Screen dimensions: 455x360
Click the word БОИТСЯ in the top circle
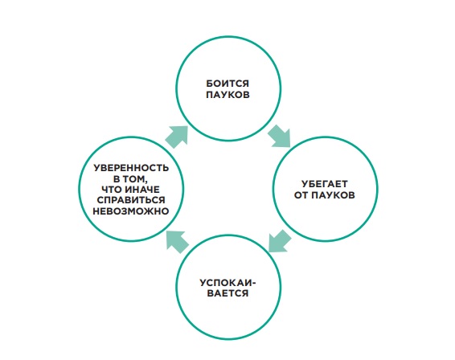click(227, 84)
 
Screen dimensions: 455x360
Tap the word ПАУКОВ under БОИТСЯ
click(227, 95)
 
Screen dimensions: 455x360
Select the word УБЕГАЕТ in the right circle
click(325, 184)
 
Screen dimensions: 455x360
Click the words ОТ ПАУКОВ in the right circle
click(325, 195)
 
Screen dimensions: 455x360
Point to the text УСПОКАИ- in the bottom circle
click(228, 283)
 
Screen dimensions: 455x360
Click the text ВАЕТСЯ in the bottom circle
click(227, 293)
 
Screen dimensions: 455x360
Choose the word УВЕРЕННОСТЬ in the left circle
click(131, 168)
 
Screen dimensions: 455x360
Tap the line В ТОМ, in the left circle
click(130, 179)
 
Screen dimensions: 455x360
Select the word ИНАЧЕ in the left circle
click(142, 190)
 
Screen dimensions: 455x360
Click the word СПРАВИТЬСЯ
click(131, 200)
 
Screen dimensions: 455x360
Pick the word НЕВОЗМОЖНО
click(131, 211)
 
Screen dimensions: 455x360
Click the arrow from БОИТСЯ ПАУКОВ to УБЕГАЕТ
click(280, 136)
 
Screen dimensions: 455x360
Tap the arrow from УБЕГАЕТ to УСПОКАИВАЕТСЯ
click(280, 241)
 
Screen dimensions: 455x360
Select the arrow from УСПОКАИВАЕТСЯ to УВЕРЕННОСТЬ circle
click(178, 242)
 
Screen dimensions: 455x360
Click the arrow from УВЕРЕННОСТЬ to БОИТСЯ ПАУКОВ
click(177, 137)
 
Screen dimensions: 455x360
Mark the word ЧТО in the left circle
click(112, 190)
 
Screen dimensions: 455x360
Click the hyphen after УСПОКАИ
click(255, 283)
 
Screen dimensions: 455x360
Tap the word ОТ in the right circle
click(301, 195)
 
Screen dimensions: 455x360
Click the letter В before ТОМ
click(117, 179)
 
